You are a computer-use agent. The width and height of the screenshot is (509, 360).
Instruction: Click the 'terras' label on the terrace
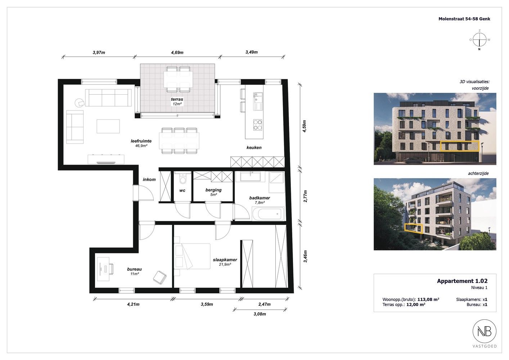[x=177, y=99]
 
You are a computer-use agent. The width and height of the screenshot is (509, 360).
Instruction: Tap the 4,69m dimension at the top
[x=177, y=53]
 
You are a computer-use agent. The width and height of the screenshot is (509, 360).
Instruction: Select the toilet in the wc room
[x=183, y=179]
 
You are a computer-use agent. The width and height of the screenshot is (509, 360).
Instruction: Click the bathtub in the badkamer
[x=268, y=213]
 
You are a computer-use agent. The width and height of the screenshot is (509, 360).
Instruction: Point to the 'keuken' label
[x=254, y=148]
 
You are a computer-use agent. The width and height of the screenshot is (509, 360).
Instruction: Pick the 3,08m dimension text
[x=260, y=314]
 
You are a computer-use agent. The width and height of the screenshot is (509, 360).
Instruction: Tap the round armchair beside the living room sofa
[x=80, y=103]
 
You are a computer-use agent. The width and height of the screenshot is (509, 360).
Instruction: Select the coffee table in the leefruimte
[x=108, y=126]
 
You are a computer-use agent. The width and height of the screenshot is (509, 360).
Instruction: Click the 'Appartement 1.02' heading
[x=462, y=281]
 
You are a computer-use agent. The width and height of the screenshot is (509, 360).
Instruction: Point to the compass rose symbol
[x=479, y=40]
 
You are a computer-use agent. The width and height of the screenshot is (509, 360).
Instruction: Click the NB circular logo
[x=485, y=331]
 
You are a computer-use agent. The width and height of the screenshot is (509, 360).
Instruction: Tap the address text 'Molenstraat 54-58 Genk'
[x=464, y=19]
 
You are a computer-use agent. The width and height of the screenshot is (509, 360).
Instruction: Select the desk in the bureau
[x=103, y=269]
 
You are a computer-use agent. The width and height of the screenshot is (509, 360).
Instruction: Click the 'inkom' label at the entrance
[x=149, y=180]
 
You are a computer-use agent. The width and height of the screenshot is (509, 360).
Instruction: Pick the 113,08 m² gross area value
[x=428, y=299]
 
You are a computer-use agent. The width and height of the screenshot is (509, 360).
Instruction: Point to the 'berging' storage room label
[x=213, y=190]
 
